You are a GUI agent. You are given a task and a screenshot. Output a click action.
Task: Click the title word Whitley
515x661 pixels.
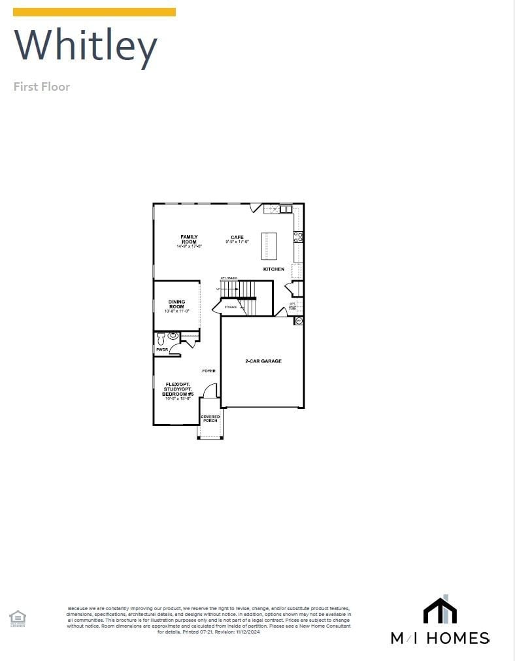click(86, 46)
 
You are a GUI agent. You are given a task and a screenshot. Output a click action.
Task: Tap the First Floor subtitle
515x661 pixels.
click(42, 86)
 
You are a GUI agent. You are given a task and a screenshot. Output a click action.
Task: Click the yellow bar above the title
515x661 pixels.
click(94, 12)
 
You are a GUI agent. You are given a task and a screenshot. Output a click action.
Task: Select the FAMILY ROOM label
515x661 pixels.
click(189, 239)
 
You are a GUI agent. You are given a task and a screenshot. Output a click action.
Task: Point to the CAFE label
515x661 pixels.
click(237, 238)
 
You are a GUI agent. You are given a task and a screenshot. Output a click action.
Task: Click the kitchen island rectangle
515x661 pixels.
click(269, 246)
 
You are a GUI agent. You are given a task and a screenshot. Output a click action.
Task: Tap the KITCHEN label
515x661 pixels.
click(274, 269)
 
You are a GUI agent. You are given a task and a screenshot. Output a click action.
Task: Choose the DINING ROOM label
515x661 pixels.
click(176, 304)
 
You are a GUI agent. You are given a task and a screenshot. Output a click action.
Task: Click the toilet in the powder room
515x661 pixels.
click(161, 338)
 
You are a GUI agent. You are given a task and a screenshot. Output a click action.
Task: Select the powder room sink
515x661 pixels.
click(173, 336)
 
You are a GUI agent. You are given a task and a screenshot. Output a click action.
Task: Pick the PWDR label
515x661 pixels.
click(161, 350)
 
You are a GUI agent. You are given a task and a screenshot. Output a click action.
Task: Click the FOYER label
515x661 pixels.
click(208, 371)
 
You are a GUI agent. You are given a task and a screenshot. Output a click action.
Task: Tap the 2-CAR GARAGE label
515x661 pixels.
click(263, 361)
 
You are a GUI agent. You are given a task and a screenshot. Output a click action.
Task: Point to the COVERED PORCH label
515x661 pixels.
click(210, 419)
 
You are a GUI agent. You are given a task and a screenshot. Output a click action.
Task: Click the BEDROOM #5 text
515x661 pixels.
click(178, 394)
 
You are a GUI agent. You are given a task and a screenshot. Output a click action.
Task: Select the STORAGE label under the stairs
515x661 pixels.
click(231, 306)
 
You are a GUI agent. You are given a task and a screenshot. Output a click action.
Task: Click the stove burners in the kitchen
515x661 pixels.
click(298, 237)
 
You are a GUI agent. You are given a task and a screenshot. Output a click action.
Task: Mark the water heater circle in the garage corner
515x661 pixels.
click(299, 321)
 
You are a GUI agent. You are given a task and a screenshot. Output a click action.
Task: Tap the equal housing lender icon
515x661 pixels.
click(18, 617)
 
